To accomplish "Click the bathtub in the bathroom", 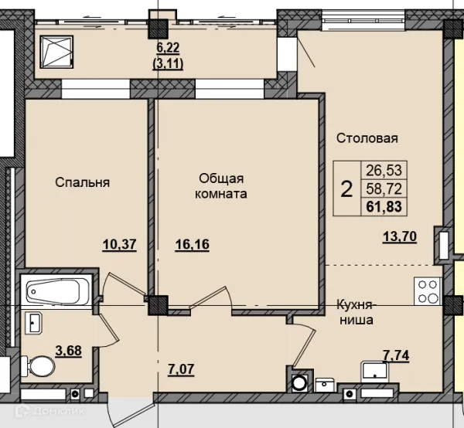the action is [x=53, y=291].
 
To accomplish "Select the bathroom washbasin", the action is [x=34, y=323].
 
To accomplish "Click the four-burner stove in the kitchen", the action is [x=428, y=291].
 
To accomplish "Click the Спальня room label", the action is [x=82, y=182].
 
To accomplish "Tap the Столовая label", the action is [x=367, y=138].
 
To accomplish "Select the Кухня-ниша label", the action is [x=356, y=312].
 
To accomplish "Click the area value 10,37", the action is [x=120, y=245].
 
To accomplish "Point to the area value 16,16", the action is [x=193, y=245].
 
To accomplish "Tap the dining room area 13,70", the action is [x=400, y=236].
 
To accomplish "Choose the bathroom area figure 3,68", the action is [x=68, y=352].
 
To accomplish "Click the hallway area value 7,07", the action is [x=181, y=369].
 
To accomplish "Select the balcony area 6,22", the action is [x=168, y=48].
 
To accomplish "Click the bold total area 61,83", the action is [x=384, y=206].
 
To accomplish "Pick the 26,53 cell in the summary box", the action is [x=384, y=170].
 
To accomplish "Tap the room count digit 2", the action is [x=346, y=189].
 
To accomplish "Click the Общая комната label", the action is [x=221, y=186].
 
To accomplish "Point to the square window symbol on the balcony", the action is [x=56, y=53].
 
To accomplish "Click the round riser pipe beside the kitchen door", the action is [x=299, y=383].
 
